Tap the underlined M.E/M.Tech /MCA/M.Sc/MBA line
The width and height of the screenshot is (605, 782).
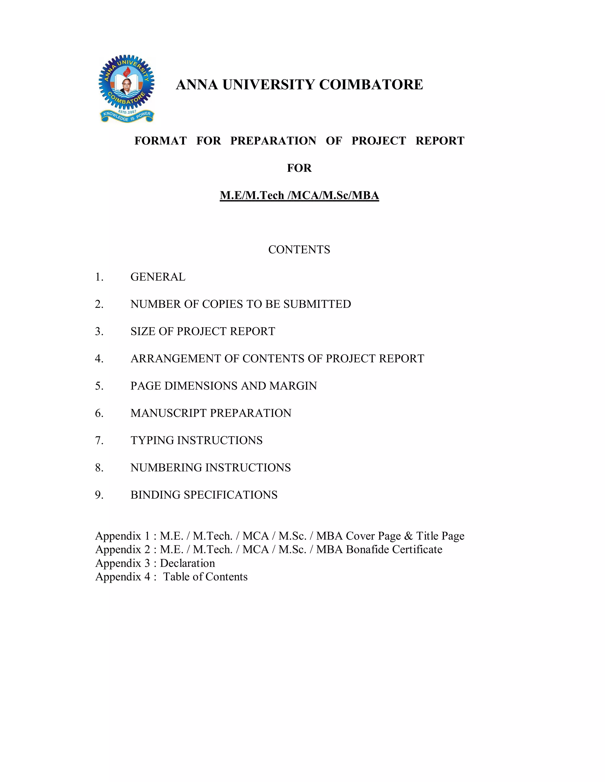pos(299,195)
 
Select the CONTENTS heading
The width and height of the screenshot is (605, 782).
pos(299,250)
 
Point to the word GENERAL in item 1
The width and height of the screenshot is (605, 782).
pos(158,277)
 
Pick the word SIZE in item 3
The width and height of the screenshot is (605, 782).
pos(143,331)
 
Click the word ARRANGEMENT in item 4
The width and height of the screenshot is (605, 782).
pos(176,359)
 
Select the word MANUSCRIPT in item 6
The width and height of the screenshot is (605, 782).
pos(168,413)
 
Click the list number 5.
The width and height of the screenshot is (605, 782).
pos(99,386)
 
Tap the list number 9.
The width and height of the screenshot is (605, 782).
pos(99,495)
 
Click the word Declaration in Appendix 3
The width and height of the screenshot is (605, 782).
pos(188,563)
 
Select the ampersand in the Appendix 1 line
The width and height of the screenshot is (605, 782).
pos(408,536)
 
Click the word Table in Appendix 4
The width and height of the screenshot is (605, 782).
pos(176,577)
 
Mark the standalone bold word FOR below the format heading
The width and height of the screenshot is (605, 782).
pos(299,168)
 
